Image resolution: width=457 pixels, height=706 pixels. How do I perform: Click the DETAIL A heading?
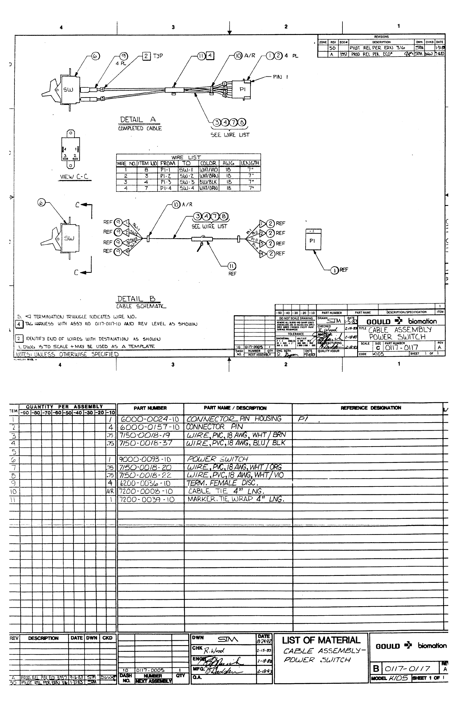[138, 120]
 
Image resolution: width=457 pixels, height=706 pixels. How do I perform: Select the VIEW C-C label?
[74, 176]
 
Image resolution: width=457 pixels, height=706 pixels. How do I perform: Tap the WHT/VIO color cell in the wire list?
[209, 170]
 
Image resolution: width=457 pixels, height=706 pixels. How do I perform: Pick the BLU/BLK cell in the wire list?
[209, 182]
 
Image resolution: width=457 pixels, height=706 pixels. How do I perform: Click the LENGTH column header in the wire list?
[250, 163]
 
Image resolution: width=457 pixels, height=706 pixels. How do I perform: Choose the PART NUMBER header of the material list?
[150, 408]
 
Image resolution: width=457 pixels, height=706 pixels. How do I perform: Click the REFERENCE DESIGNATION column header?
[371, 408]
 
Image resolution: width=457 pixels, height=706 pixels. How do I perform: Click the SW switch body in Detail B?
[70, 238]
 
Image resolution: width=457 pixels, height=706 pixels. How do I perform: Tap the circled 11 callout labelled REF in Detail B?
[232, 266]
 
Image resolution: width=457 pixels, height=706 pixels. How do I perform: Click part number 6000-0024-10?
[150, 419]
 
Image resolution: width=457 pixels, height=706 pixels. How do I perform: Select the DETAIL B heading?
[136, 299]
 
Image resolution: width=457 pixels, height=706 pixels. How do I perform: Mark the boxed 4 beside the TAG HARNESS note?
[19, 324]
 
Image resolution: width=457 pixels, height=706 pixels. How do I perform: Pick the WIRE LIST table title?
[186, 157]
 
